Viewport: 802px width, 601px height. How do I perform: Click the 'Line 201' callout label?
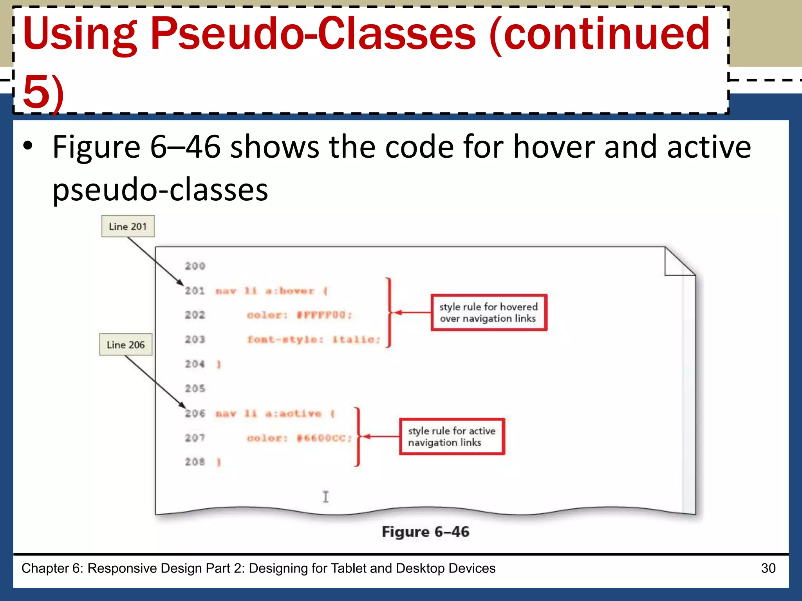click(x=128, y=227)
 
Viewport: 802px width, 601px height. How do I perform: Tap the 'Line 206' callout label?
click(x=126, y=345)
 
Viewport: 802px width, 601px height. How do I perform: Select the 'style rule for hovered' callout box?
click(x=488, y=313)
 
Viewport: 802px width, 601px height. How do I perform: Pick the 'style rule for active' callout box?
click(x=452, y=437)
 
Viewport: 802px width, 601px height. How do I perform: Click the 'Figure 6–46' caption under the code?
click(x=425, y=532)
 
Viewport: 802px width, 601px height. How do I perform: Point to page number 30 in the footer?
click(x=768, y=568)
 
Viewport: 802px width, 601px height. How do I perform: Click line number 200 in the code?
click(x=195, y=266)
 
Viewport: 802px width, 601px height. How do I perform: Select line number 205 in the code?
click(x=195, y=389)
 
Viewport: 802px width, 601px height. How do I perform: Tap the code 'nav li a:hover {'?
click(x=272, y=291)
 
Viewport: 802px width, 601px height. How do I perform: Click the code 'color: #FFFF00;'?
click(x=300, y=315)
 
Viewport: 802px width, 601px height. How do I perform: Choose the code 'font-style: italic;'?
click(x=314, y=340)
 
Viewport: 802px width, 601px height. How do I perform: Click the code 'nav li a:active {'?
click(x=275, y=414)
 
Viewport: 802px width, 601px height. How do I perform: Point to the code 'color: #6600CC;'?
click(x=300, y=438)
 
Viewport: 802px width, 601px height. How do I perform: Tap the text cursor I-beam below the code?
click(x=325, y=497)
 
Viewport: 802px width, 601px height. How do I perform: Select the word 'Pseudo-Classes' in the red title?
click(x=313, y=34)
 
